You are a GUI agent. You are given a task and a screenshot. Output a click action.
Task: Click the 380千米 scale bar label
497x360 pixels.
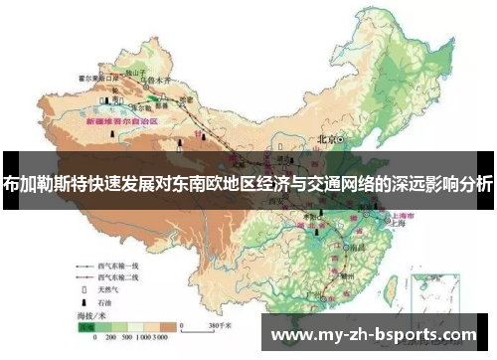pyautogui.click(x=220, y=324)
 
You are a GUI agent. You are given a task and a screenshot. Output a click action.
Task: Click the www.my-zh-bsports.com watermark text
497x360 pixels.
pyautogui.click(x=374, y=335)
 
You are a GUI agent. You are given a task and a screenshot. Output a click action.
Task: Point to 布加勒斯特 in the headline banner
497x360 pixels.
pyautogui.click(x=37, y=184)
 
